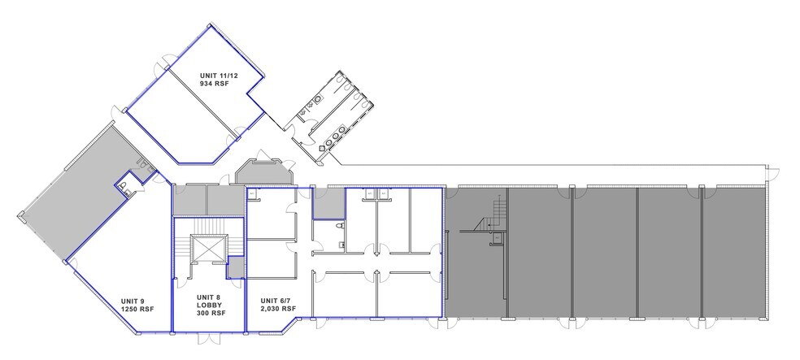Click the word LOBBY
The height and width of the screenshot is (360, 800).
coord(209,306)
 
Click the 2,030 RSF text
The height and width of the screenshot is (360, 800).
coord(276,310)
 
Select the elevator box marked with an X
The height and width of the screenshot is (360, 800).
coord(207,249)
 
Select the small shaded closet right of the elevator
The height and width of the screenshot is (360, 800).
coord(236,267)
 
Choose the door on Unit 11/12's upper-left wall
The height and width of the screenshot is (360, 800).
coord(166,60)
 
